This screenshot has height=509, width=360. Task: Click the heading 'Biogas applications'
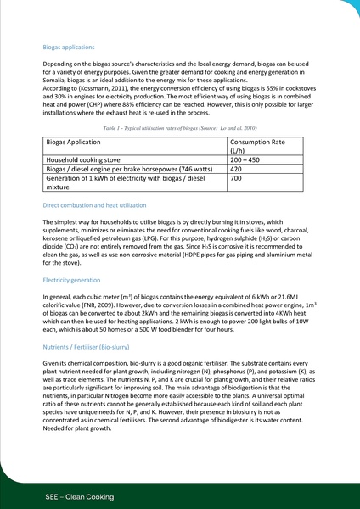[x=69, y=48]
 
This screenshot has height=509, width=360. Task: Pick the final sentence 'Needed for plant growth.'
[x=82, y=428]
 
